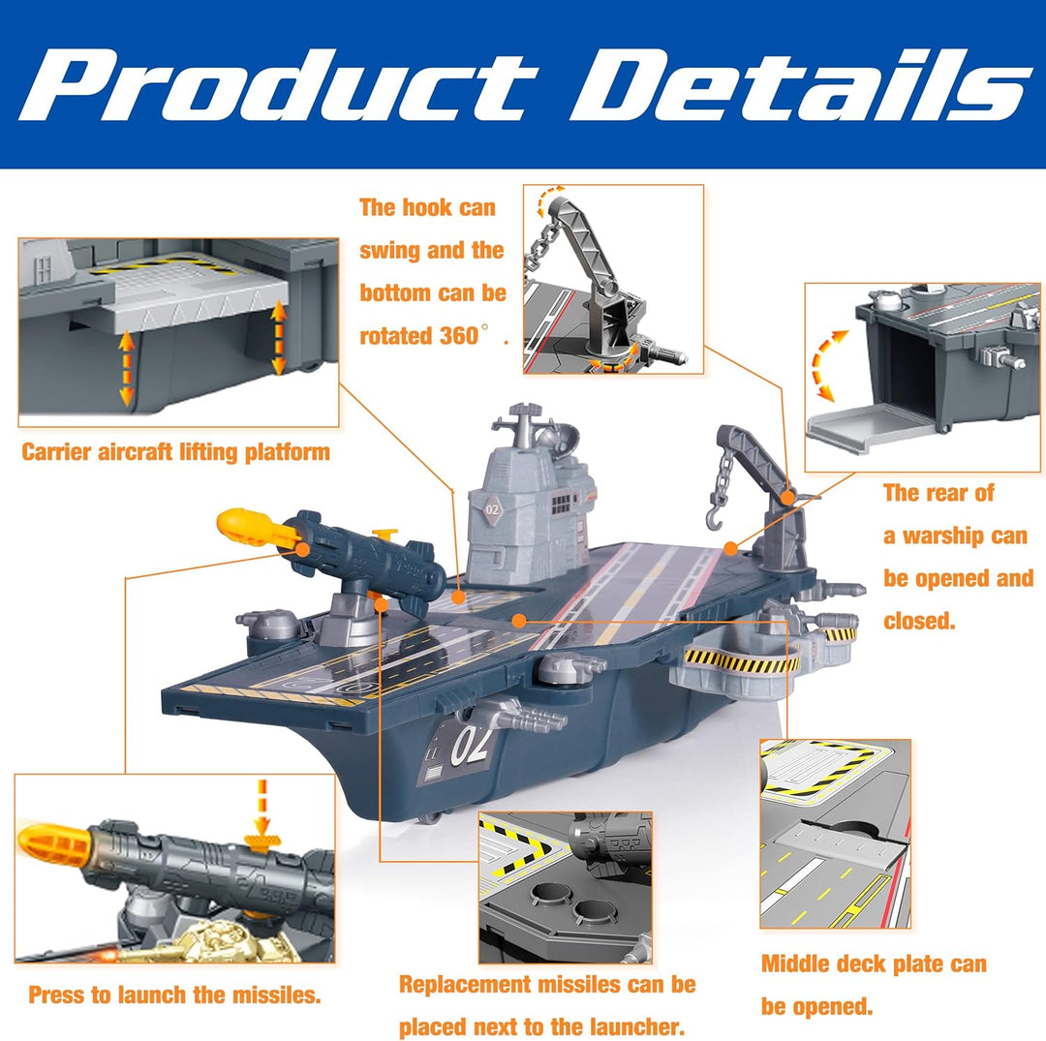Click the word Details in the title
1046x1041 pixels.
801,85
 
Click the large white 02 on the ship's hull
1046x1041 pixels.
471,745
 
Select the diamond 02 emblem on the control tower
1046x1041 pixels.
492,510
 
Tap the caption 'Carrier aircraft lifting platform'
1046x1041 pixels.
175,452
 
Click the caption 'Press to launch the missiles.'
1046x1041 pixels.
174,995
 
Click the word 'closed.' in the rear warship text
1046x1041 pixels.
919,621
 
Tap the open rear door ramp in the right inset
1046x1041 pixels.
861,428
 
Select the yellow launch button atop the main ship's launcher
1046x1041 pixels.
385,534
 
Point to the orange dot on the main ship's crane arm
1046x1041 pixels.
787,498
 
